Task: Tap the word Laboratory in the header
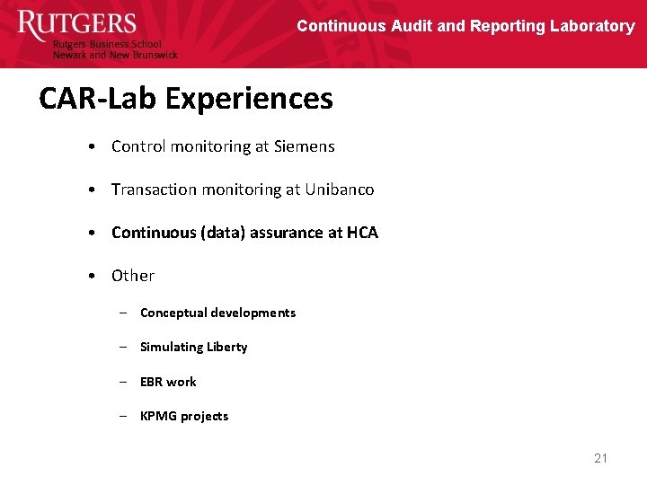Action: click(x=591, y=26)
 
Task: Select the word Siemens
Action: click(x=304, y=146)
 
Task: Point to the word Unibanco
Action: click(x=339, y=190)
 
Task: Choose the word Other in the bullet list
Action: click(x=133, y=276)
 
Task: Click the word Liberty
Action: click(x=226, y=347)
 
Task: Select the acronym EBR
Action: click(x=151, y=382)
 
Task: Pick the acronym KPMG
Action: click(x=158, y=416)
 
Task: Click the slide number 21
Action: click(x=601, y=458)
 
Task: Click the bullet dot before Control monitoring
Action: click(x=93, y=146)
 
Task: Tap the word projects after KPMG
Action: click(x=205, y=416)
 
